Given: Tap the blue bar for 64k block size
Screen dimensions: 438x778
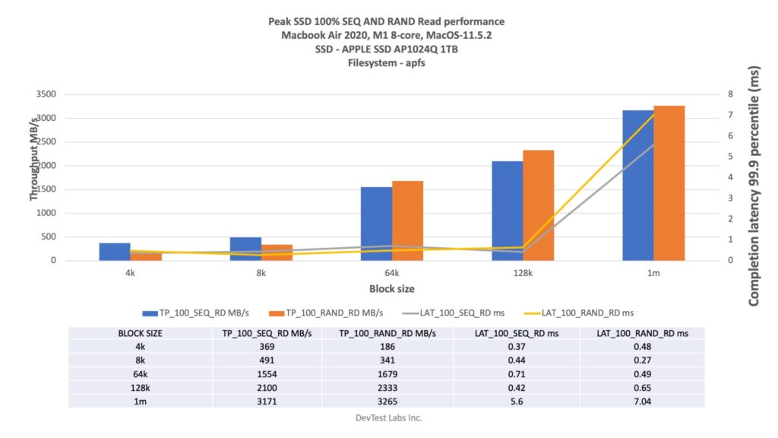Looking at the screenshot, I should tap(377, 224).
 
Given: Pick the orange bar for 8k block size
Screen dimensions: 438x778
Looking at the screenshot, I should tap(277, 252).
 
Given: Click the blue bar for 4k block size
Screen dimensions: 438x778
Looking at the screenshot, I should tap(115, 252).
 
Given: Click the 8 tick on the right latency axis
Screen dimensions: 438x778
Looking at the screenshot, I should tap(729, 94).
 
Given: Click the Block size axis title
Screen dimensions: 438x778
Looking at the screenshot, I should tap(392, 289).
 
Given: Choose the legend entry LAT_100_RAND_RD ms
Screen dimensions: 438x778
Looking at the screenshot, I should tap(590, 313).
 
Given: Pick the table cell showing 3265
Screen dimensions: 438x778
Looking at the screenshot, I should tap(386, 401).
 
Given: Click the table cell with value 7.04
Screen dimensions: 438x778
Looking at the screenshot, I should tap(642, 401).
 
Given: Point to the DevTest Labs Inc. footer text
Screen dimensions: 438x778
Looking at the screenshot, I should tap(388, 417).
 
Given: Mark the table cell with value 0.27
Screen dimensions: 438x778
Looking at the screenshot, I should tap(642, 360).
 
